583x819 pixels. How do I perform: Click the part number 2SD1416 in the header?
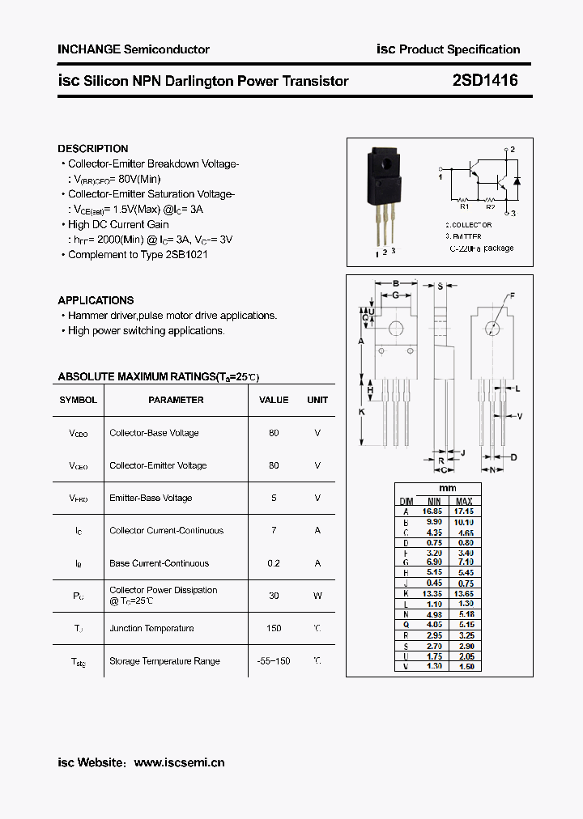[485, 81]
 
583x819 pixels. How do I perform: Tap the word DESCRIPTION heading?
[93, 149]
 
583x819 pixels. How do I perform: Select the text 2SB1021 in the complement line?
[186, 255]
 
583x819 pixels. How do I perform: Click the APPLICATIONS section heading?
[96, 300]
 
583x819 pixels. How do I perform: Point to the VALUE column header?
[274, 400]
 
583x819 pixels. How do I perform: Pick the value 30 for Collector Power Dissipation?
[274, 596]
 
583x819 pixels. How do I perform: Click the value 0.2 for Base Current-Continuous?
[274, 563]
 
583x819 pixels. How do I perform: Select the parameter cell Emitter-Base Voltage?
[151, 499]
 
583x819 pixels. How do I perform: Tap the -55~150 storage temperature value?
[273, 661]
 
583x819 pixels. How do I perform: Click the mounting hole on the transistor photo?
[387, 170]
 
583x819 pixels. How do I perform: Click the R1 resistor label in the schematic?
[465, 206]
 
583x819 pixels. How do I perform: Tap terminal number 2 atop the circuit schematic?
[513, 150]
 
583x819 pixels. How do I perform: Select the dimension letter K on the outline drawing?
[362, 412]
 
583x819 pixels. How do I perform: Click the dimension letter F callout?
[512, 295]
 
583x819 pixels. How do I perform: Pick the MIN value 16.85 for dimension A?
[432, 511]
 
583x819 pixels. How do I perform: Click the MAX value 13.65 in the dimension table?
[464, 594]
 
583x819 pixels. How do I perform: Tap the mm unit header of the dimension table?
[448, 489]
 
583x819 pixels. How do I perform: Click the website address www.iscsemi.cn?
[179, 762]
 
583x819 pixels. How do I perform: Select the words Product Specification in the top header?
[459, 49]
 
